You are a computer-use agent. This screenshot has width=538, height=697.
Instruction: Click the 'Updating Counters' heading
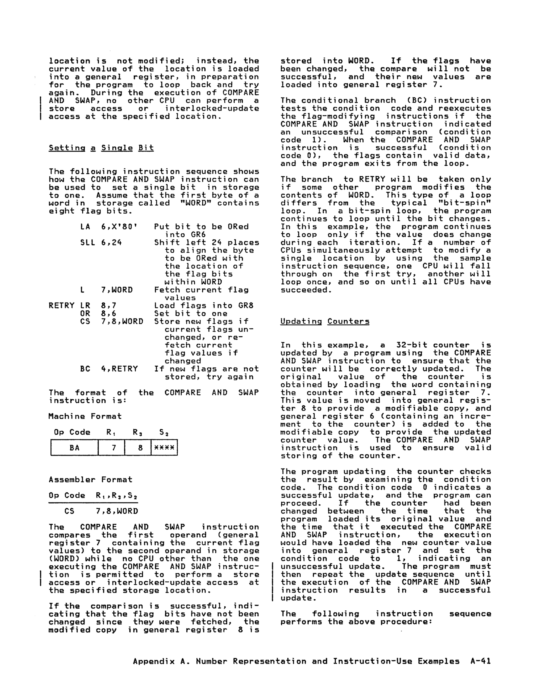coord(325,321)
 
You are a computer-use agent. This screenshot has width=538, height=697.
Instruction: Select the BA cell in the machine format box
coord(74,448)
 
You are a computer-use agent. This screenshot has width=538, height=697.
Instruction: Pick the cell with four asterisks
coord(164,448)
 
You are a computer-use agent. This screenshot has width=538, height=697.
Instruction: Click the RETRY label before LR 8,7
coord(61,305)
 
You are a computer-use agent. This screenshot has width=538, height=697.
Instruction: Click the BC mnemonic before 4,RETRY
coord(85,369)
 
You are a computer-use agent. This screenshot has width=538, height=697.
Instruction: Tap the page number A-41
coord(481,661)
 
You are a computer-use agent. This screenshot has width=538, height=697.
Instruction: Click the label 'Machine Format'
coord(85,416)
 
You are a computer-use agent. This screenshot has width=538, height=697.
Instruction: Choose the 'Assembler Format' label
coord(90,479)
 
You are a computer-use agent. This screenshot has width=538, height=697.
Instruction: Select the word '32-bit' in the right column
coord(412,345)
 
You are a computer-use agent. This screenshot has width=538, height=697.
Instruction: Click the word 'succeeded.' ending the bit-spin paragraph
coord(306,290)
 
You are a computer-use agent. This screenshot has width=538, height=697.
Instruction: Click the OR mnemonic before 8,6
coord(85,313)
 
